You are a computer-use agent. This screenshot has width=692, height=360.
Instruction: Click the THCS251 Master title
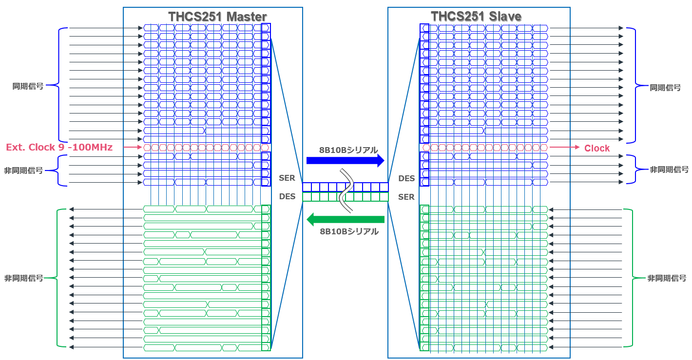[x=217, y=17]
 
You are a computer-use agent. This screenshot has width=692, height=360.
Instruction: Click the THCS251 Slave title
[x=476, y=17]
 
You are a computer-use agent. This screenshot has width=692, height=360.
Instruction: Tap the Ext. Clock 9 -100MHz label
[x=59, y=147]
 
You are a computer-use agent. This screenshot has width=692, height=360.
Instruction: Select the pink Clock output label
[x=597, y=148]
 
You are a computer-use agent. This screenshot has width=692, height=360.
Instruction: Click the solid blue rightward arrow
[x=346, y=161]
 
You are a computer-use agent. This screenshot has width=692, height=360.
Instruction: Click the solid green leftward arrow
[x=346, y=220]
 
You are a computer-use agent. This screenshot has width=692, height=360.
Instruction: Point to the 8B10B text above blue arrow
[x=348, y=150]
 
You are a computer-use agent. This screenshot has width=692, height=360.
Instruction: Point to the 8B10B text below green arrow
[x=349, y=231]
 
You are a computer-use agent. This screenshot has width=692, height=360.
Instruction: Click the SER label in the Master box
[x=287, y=178]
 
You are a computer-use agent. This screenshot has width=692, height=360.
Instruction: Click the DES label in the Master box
[x=288, y=197]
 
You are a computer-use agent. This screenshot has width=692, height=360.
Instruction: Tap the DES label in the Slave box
[x=406, y=178]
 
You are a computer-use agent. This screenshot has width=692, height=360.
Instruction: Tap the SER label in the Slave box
[x=406, y=197]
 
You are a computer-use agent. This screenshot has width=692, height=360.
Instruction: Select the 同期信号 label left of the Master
[x=28, y=86]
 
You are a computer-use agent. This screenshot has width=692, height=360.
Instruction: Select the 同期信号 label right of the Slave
[x=665, y=88]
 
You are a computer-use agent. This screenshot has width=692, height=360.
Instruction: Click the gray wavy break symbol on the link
[x=346, y=191]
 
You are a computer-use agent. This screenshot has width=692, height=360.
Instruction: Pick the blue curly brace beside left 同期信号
[x=58, y=85]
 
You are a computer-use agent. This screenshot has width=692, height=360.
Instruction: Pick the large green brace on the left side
[x=57, y=278]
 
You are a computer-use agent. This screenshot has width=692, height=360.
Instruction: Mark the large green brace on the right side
[x=633, y=278]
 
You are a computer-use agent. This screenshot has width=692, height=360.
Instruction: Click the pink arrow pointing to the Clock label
[x=564, y=147]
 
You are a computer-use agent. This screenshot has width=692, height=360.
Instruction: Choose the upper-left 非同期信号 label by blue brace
[x=23, y=171]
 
